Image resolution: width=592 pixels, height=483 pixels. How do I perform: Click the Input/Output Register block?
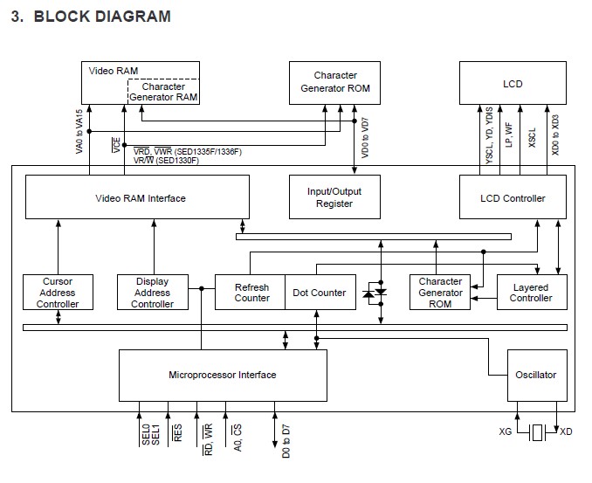pos(335,197)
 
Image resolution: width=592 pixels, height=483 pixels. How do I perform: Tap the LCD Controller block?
pos(513,197)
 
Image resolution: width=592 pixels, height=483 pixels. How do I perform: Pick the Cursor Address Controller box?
pos(58,293)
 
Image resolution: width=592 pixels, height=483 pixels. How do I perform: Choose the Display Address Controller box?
pos(152,293)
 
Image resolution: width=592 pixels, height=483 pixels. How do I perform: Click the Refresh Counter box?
pos(251,293)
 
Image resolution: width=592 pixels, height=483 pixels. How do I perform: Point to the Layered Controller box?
pos(531,293)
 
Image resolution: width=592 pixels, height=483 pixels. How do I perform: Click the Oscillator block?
pos(535,375)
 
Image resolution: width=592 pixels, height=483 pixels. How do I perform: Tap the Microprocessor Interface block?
pos(223,375)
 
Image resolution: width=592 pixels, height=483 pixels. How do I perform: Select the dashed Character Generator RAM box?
pos(163,92)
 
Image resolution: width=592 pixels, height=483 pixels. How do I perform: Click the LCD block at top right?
pos(513,84)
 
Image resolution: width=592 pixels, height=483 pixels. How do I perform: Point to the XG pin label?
pos(505,431)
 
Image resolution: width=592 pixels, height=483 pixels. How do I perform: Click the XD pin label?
pos(567,431)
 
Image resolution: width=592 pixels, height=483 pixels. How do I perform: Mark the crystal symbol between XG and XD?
pos(536,431)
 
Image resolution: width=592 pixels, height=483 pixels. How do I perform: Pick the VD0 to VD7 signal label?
pos(365,135)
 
